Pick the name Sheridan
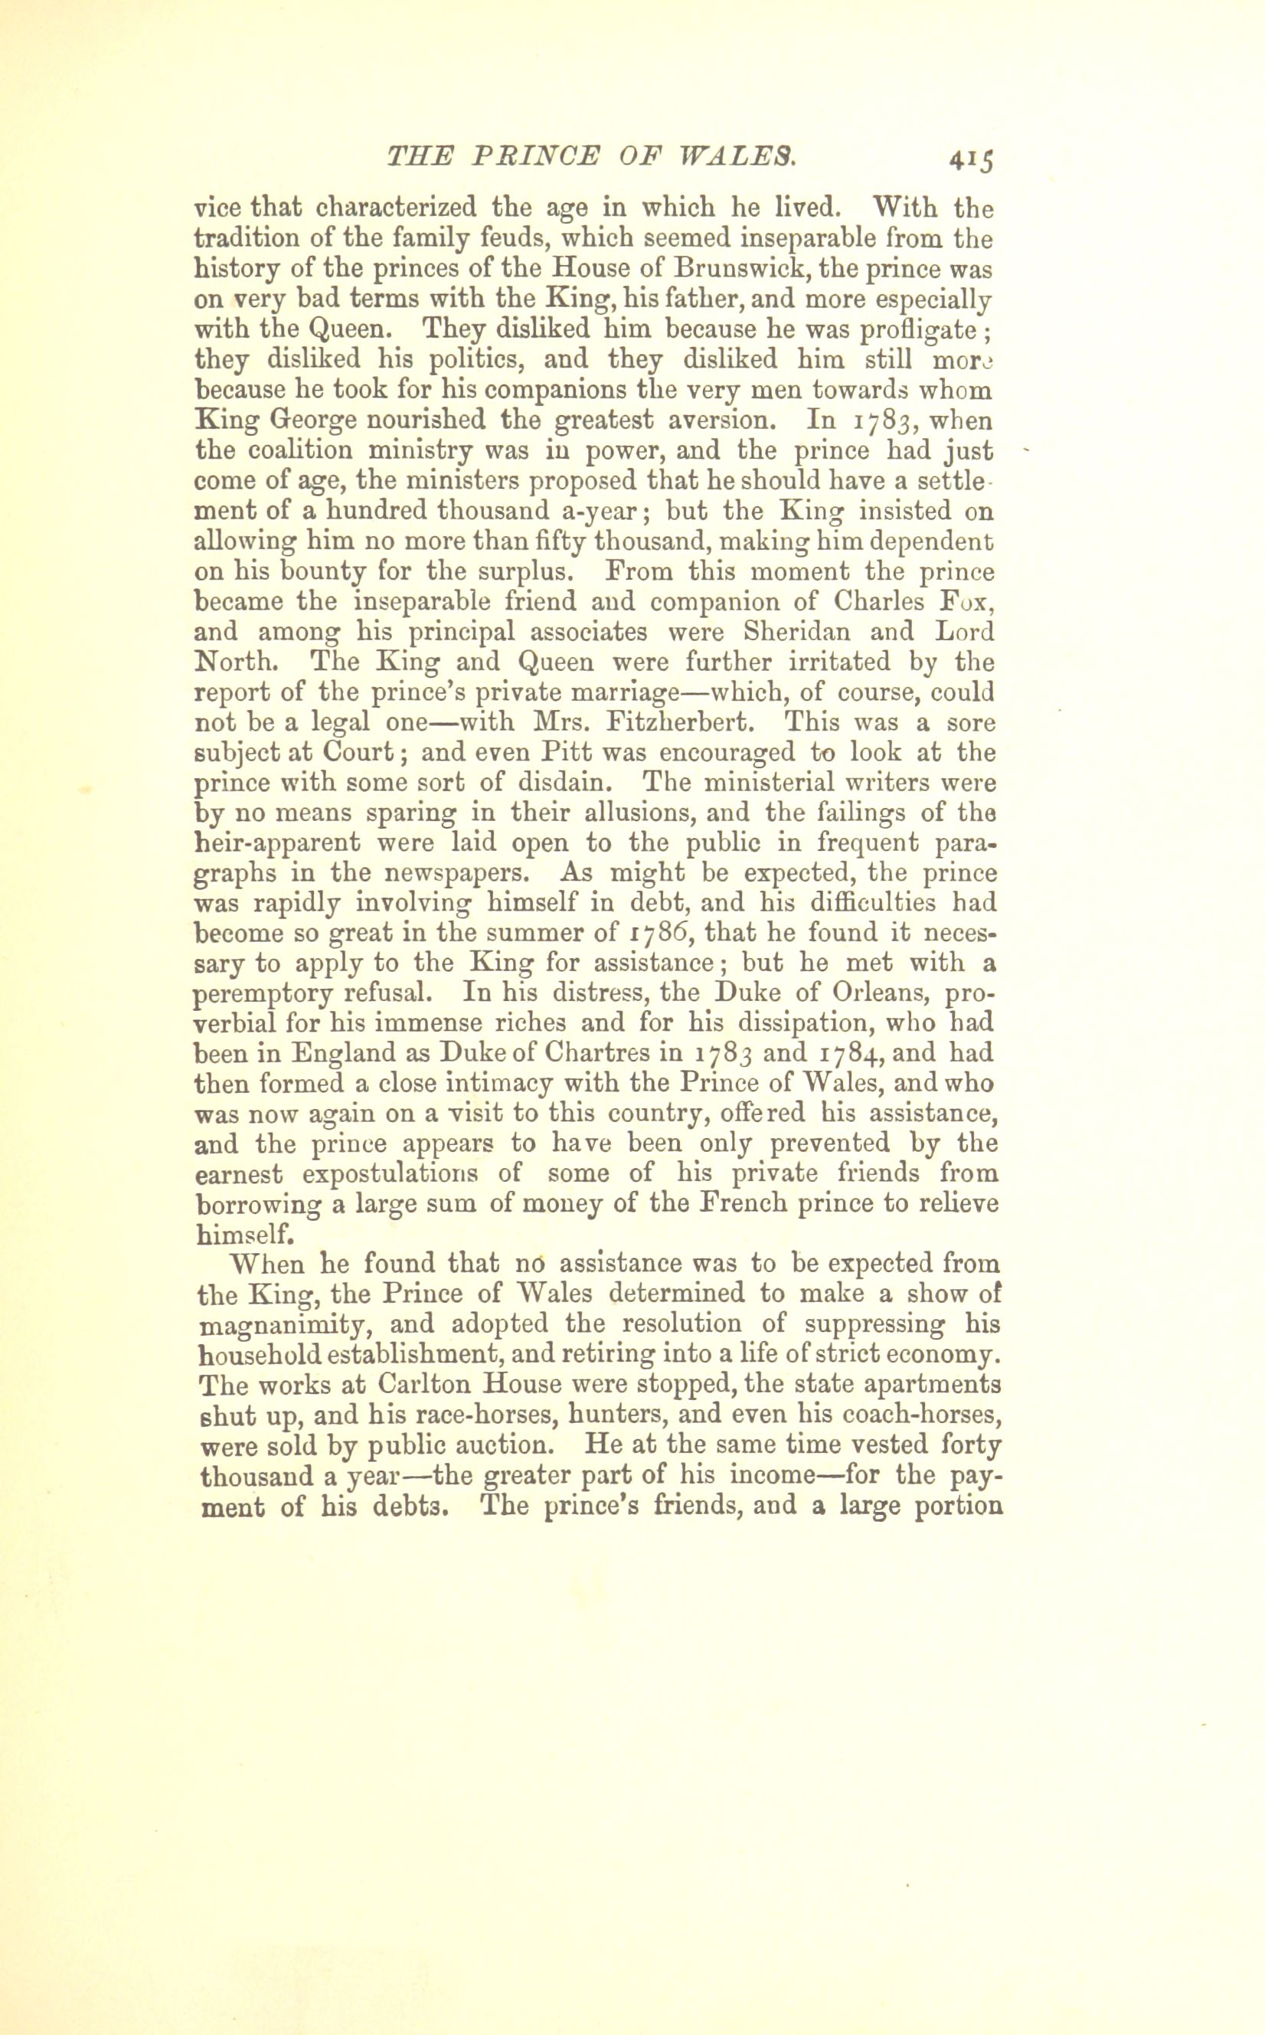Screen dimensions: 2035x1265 tap(793, 631)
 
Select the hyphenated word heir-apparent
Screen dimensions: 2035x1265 tap(278, 842)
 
